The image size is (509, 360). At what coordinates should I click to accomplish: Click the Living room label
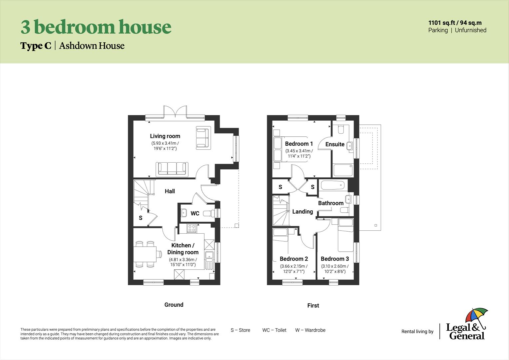click(165, 136)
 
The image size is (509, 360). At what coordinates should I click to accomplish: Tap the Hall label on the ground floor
click(170, 191)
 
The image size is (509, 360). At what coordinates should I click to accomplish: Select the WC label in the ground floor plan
click(195, 213)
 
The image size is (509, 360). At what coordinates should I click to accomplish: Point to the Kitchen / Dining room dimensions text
click(183, 262)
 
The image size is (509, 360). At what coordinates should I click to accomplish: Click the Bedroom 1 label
click(299, 144)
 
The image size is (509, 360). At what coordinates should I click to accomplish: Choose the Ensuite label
click(335, 144)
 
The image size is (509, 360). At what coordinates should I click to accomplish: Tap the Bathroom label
click(330, 203)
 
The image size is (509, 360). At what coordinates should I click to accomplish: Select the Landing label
click(302, 212)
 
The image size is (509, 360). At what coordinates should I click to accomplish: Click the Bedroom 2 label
click(293, 259)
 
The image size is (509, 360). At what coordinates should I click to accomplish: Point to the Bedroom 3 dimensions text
click(335, 269)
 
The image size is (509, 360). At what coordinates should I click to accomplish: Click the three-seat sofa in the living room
click(172, 169)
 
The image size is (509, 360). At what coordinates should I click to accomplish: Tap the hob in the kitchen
click(192, 228)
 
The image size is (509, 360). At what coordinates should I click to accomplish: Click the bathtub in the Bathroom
click(333, 185)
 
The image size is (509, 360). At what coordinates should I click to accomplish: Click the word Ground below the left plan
click(174, 305)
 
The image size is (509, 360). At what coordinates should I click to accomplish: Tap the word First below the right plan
click(313, 305)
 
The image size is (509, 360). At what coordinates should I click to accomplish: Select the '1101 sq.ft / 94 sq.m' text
click(455, 23)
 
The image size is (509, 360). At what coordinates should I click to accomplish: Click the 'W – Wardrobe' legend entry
click(310, 330)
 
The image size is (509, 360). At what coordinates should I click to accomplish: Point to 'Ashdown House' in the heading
click(92, 46)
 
